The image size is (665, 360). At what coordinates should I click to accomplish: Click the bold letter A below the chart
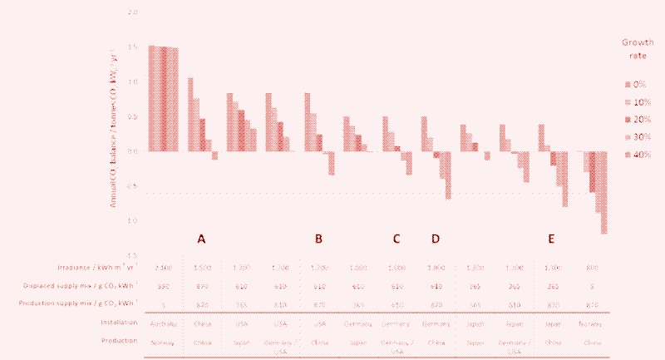(201, 239)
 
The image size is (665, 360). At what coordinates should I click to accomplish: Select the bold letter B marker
(318, 239)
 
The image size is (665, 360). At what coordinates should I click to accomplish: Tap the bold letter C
(397, 239)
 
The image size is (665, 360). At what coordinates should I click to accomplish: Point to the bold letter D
(436, 239)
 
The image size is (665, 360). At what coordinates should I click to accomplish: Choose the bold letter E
(552, 239)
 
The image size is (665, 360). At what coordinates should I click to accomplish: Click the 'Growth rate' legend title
(637, 49)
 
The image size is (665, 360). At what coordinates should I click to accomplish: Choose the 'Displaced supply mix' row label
(96, 285)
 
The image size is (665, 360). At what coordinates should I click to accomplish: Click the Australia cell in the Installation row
(161, 321)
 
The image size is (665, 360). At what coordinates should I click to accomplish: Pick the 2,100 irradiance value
(161, 269)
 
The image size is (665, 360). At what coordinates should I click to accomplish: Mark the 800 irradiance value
(593, 269)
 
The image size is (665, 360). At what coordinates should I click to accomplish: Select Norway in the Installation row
(593, 321)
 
